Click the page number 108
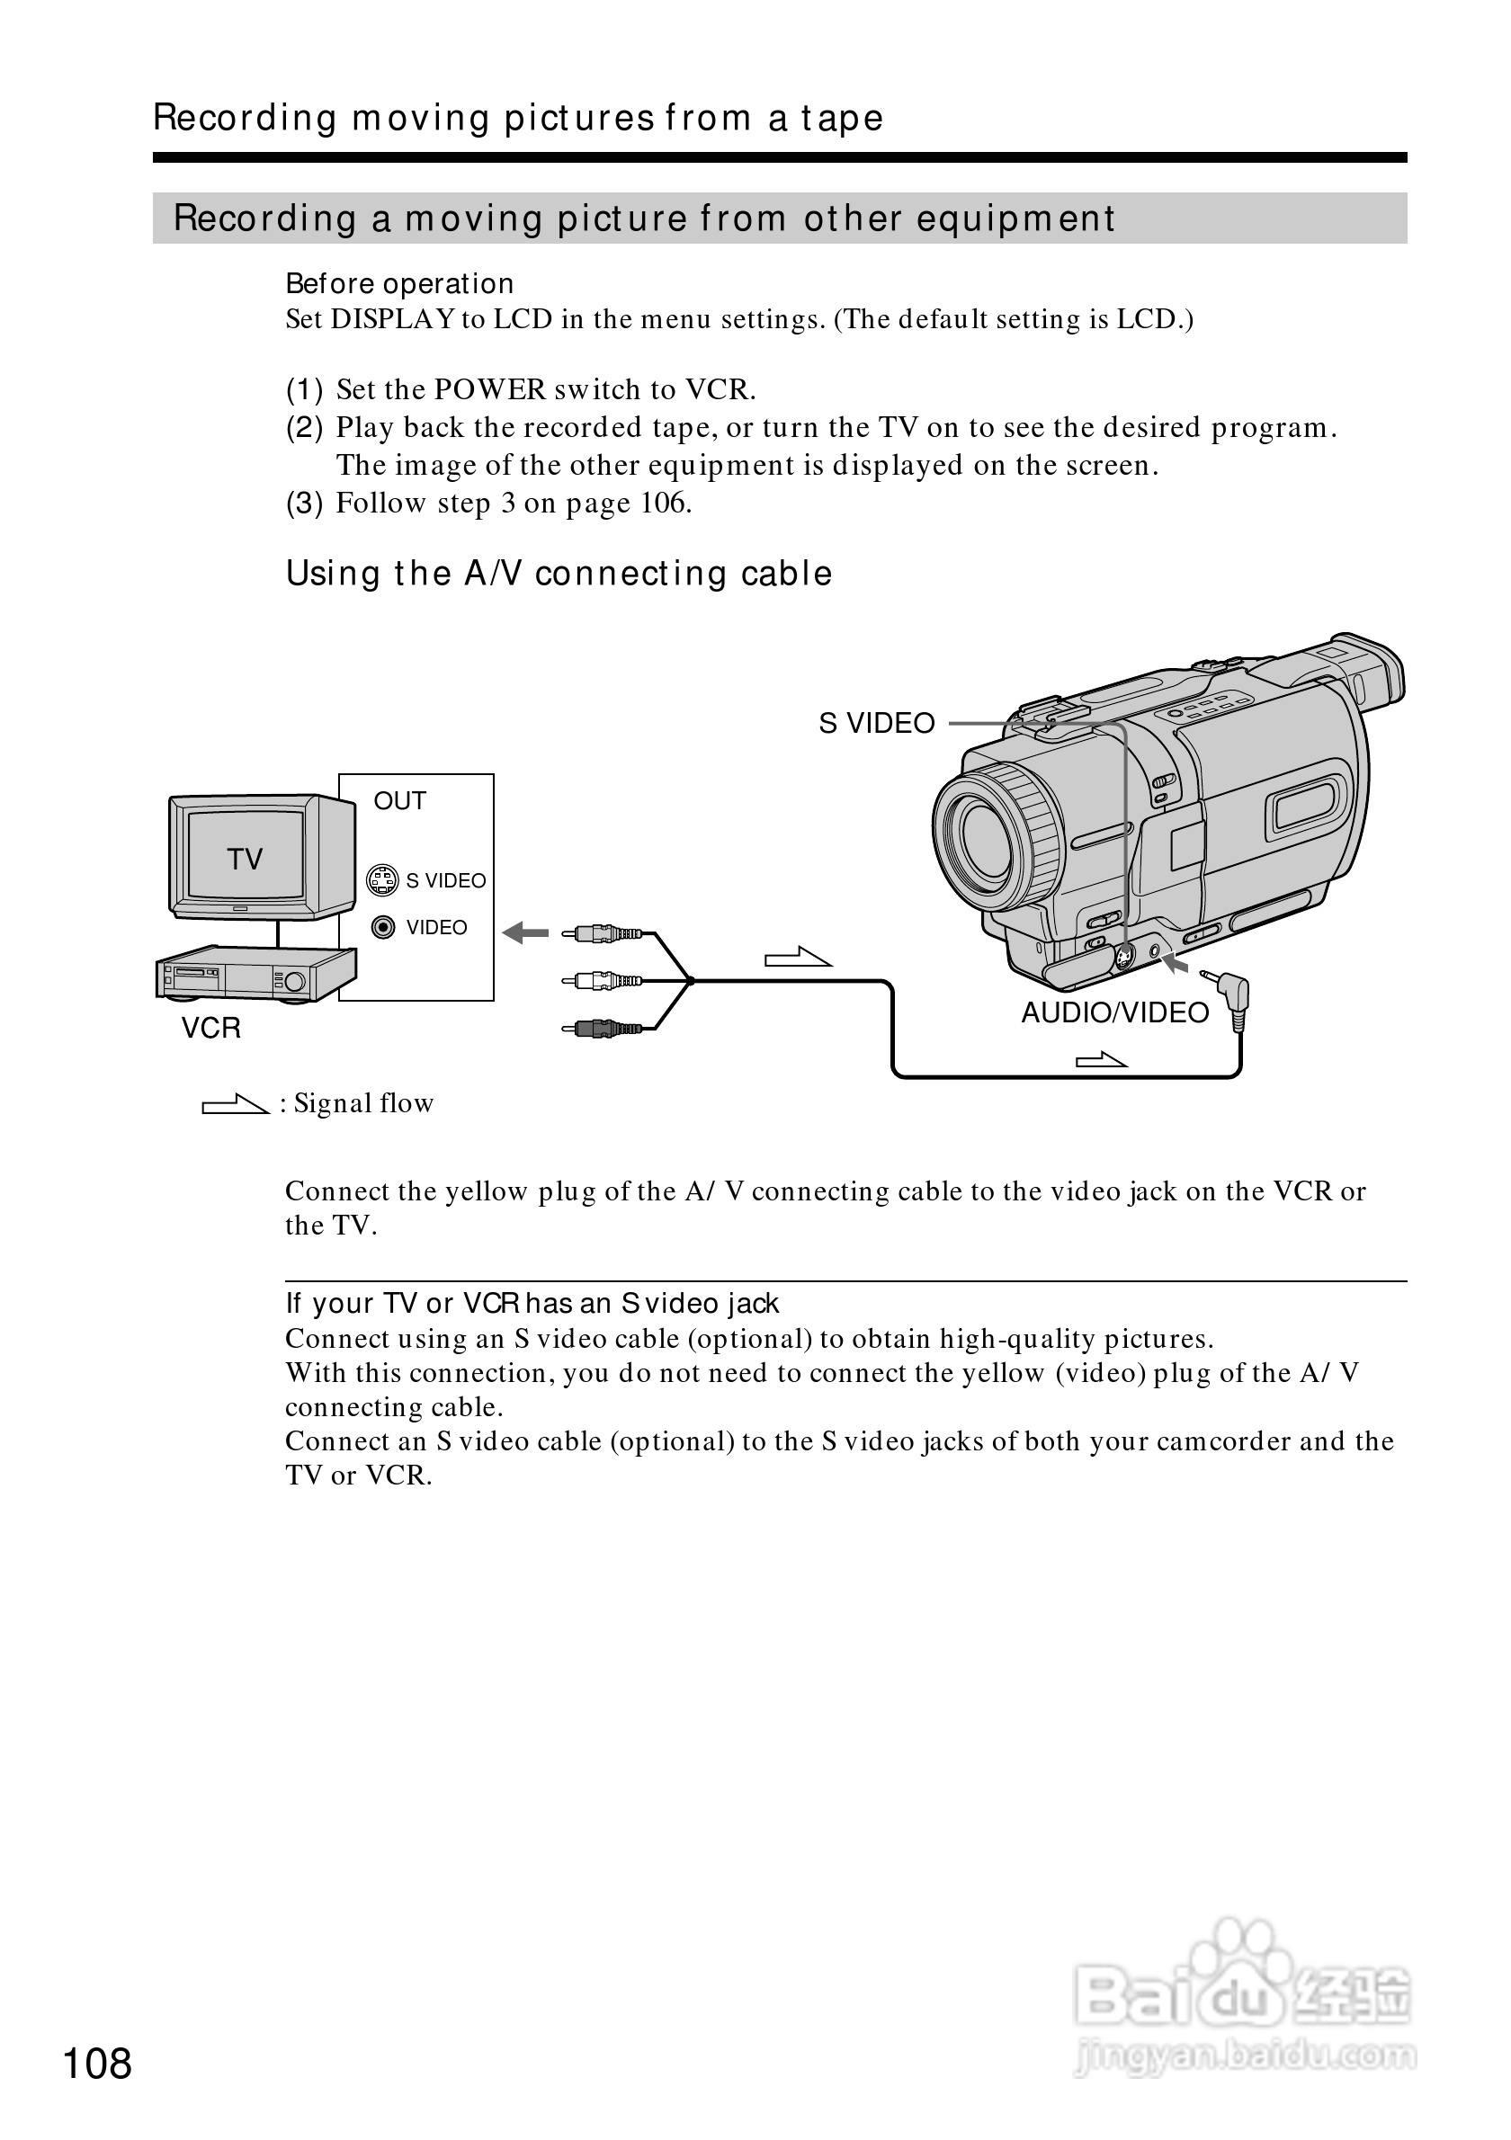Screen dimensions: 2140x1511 coord(97,2064)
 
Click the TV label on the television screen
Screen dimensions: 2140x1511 coord(246,859)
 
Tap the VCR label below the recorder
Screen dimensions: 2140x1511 coord(210,1027)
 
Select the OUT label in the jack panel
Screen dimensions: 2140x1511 coord(399,800)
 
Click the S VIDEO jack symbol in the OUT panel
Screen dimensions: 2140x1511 coord(382,880)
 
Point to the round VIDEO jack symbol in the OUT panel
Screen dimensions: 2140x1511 coord(383,927)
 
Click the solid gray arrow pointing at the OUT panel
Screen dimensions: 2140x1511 coord(526,932)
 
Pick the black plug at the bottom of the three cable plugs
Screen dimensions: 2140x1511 coord(603,1028)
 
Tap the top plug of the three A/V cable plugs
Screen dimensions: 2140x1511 coord(603,932)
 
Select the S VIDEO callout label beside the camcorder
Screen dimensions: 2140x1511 coord(876,723)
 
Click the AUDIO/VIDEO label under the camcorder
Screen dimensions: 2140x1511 coord(1115,1012)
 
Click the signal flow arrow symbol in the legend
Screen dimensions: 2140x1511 coord(235,1104)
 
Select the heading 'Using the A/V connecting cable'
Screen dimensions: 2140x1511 coord(559,574)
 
